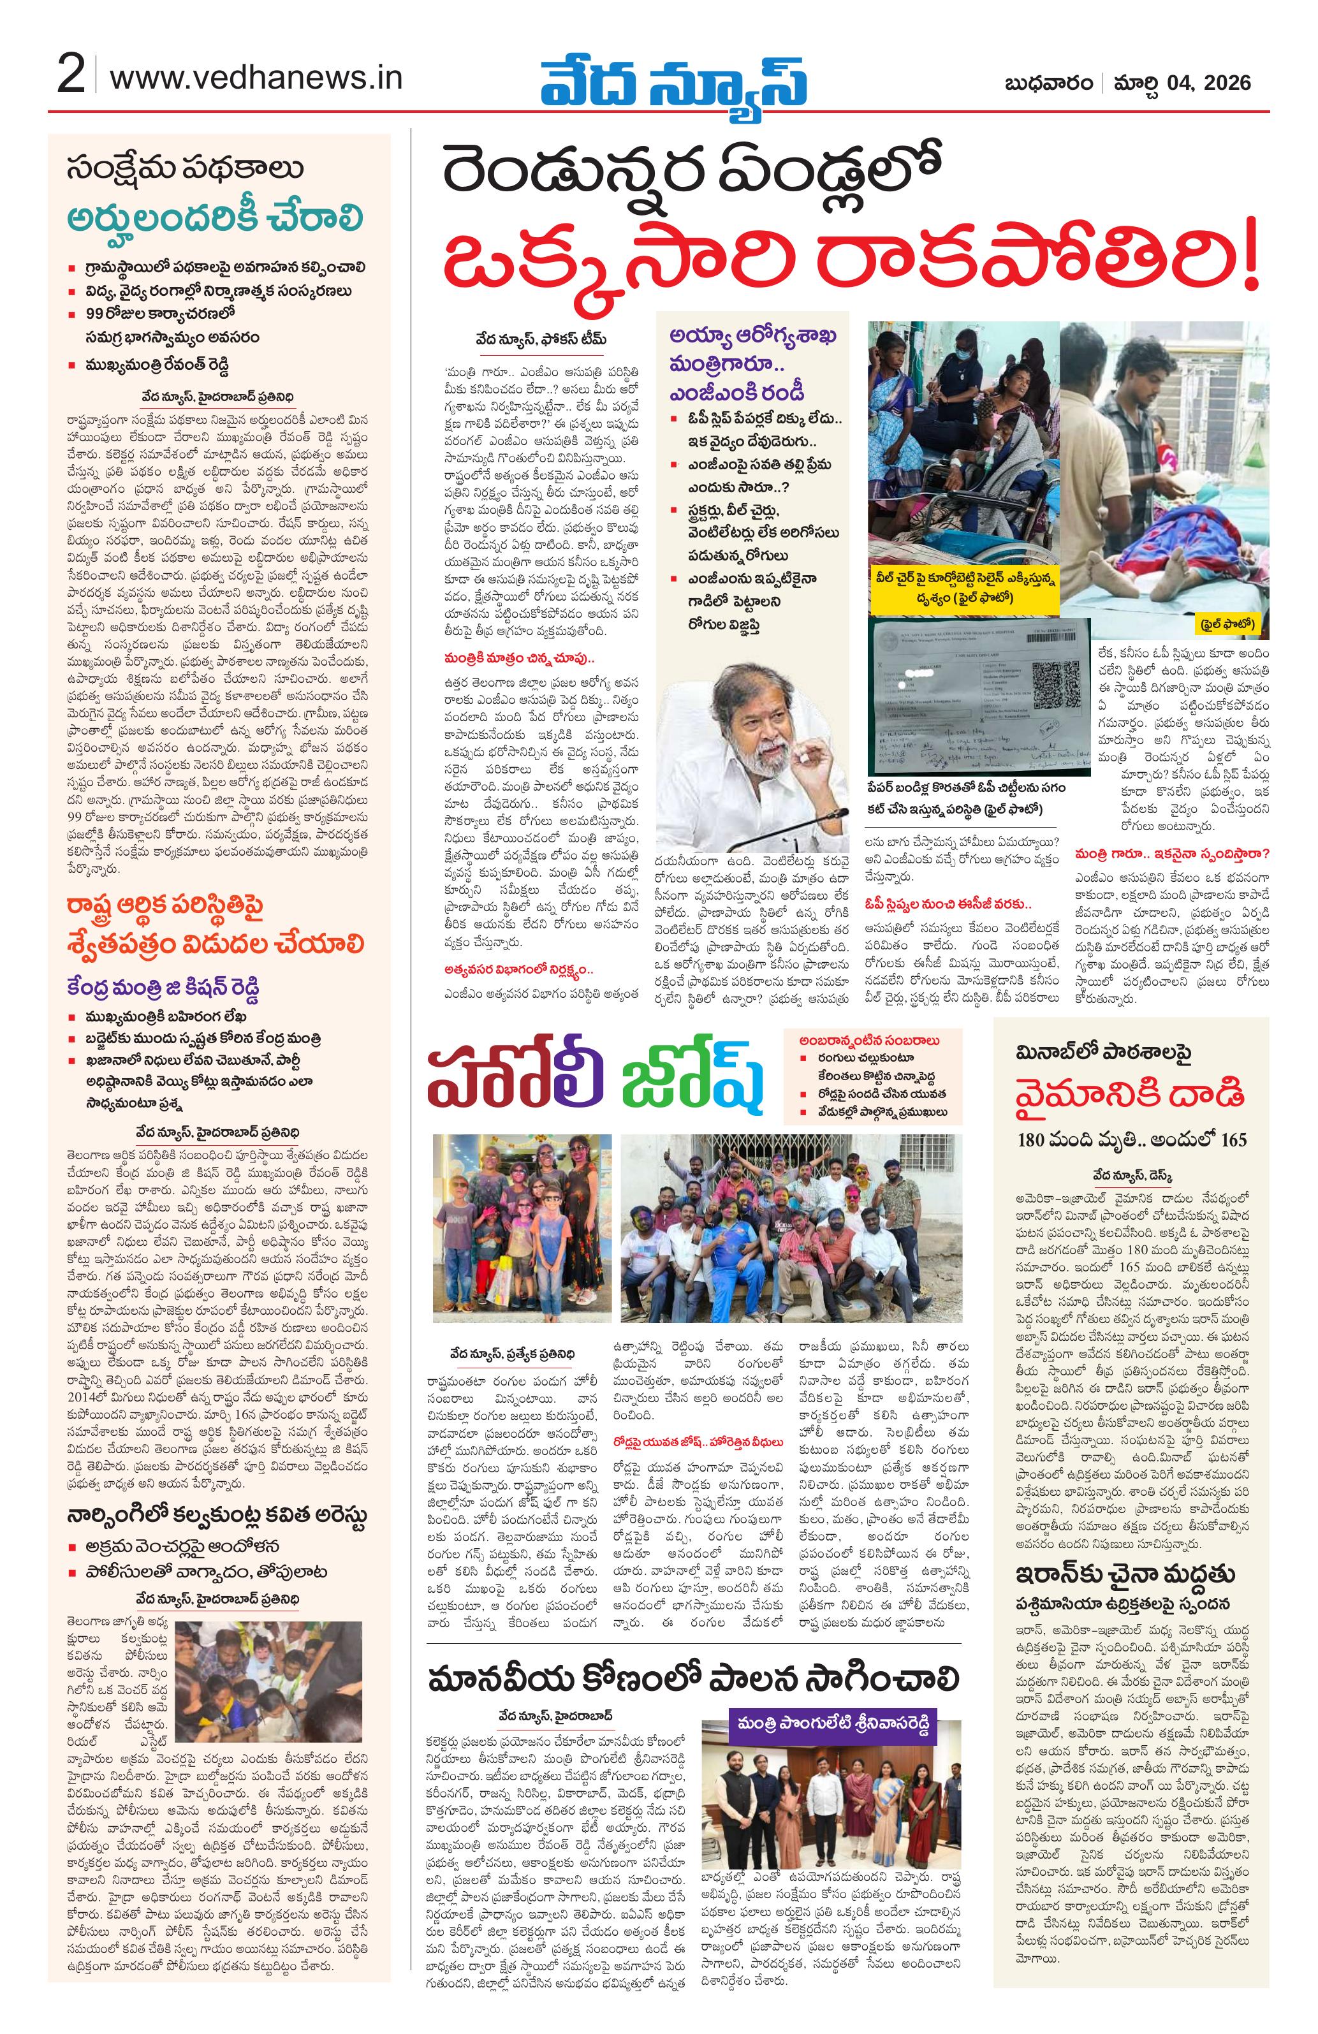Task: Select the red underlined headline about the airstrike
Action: point(1129,1095)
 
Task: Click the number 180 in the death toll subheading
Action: point(1034,1139)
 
